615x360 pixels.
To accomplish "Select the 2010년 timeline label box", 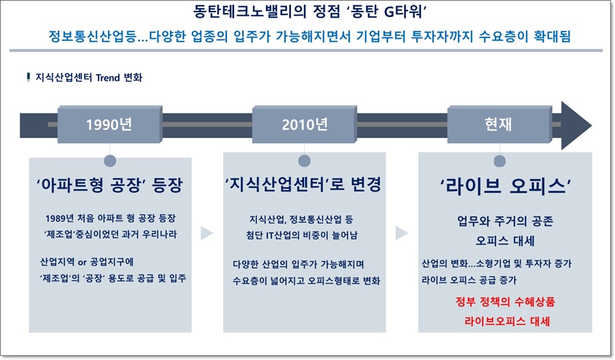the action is point(304,124).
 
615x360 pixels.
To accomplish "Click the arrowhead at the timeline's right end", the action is point(575,125).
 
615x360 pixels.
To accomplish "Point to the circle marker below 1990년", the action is point(109,161).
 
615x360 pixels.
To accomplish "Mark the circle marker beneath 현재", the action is point(500,161).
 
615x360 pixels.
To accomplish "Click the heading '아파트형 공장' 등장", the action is point(109,186).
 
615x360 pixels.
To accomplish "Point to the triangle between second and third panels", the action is point(402,234).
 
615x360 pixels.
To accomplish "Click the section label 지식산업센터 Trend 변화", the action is point(89,77).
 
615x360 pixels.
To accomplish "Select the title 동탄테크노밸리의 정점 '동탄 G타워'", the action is point(307,12).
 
